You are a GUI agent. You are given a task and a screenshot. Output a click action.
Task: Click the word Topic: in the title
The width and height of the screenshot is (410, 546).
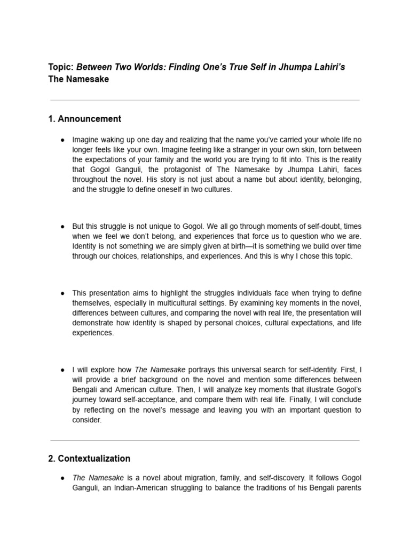[61, 68]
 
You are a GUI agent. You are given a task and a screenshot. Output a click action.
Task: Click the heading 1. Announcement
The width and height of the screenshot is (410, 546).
[85, 119]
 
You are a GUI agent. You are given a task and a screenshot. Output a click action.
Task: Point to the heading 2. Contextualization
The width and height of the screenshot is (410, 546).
[89, 459]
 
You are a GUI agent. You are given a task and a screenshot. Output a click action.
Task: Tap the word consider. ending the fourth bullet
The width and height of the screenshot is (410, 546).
[86, 420]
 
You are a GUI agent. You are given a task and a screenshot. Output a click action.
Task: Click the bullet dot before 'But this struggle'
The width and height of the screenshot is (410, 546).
[62, 226]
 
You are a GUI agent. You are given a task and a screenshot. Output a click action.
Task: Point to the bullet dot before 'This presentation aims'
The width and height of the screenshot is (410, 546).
[62, 293]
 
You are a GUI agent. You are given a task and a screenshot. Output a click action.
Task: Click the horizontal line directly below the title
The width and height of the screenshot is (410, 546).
[204, 100]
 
